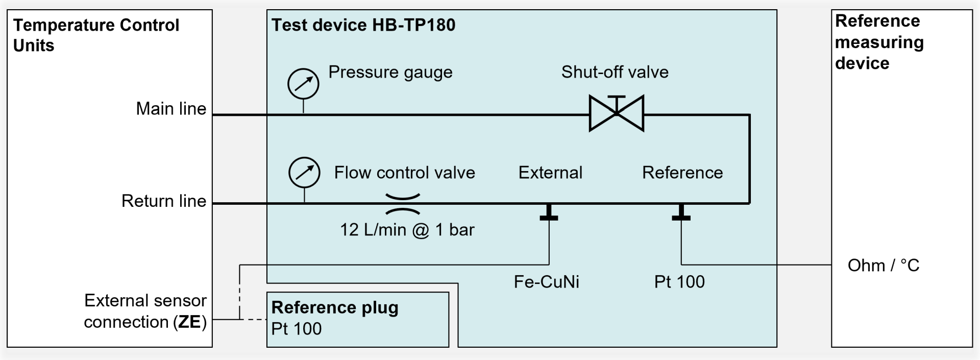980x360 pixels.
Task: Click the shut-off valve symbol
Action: pos(616,113)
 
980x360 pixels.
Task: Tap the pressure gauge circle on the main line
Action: pos(303,84)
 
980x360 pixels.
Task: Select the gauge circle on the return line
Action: pos(304,173)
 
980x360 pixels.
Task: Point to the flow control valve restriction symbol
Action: pos(403,204)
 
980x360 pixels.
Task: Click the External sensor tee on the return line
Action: pos(549,212)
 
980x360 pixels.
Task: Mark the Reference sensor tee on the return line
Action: pos(681,212)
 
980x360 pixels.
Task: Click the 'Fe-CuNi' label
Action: pos(546,282)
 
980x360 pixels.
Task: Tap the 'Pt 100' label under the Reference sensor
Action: pos(679,282)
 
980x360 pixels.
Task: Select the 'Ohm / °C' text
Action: pos(883,266)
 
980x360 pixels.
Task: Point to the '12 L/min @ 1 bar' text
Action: pos(407,230)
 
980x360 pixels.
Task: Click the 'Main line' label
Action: pos(171,109)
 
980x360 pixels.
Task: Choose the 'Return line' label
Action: pos(164,201)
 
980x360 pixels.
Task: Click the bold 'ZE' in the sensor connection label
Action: pos(189,322)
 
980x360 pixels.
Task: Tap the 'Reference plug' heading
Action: pos(335,307)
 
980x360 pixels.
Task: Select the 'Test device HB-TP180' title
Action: pos(363,25)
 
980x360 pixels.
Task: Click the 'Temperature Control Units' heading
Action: pos(96,35)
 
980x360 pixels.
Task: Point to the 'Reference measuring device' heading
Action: pos(879,42)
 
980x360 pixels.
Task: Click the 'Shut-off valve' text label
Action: pos(615,72)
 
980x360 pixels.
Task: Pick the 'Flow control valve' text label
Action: pos(404,173)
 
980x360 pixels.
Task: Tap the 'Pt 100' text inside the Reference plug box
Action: pos(297,328)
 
